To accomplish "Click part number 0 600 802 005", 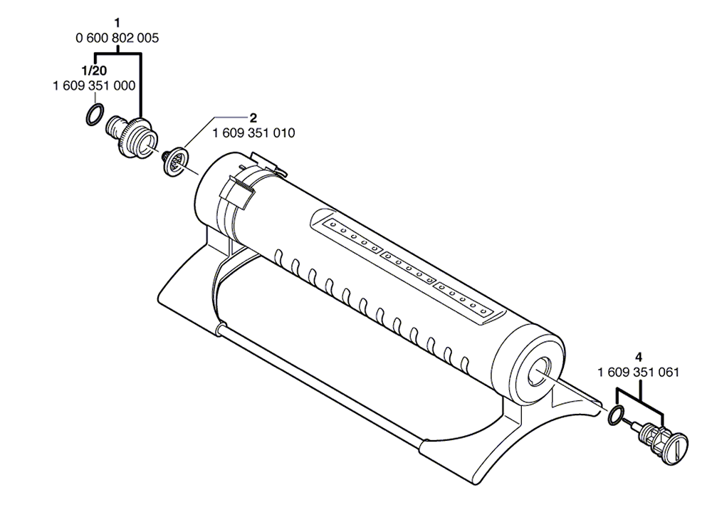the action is pos(117,38).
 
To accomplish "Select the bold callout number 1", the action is pos(117,22).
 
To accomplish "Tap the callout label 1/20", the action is pos(93,71).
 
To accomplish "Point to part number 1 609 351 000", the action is pos(94,86).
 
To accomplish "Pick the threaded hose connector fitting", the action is pos(132,136).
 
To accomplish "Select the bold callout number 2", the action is pos(253,118).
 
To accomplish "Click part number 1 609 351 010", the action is pos(253,133).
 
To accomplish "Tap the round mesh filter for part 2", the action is pos(176,161).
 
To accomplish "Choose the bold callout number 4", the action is pos(639,358).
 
